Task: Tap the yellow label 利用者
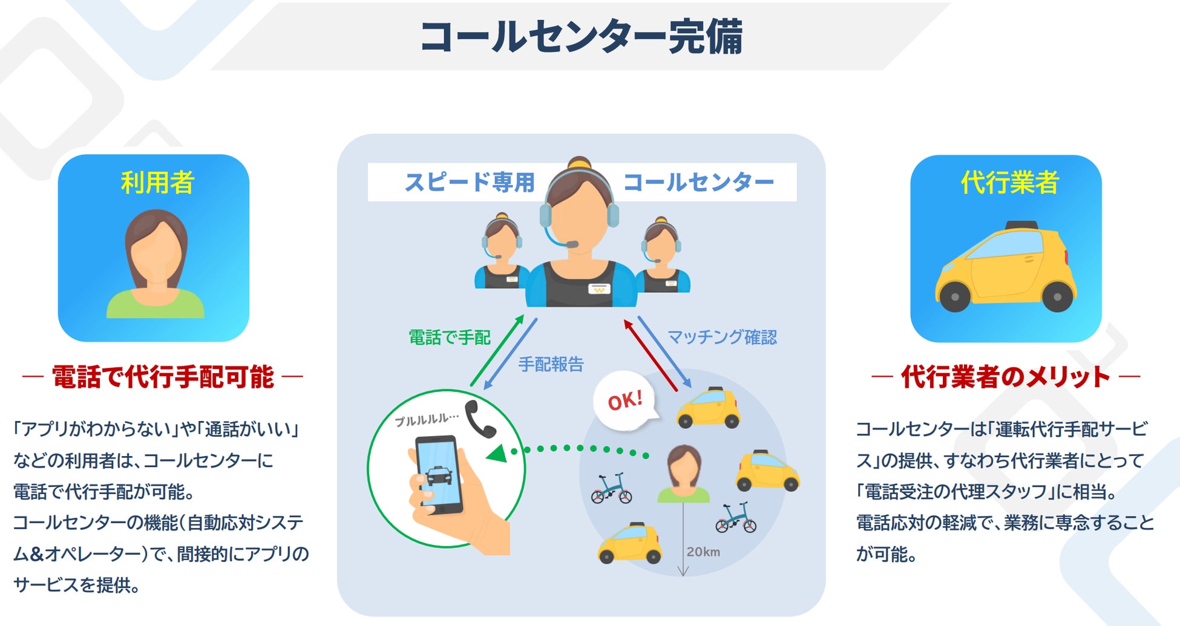coord(157,182)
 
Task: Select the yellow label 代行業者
coord(1009,182)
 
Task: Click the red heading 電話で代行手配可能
coord(163,377)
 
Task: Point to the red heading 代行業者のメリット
coord(1005,377)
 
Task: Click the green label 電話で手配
coord(449,337)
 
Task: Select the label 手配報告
coord(551,364)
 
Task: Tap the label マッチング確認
coord(722,337)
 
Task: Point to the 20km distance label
coord(703,552)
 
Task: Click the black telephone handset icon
coord(480,419)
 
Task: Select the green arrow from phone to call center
coord(497,351)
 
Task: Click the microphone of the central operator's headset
coord(571,244)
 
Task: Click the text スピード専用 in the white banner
coord(470,182)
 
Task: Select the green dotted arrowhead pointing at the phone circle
coord(497,453)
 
